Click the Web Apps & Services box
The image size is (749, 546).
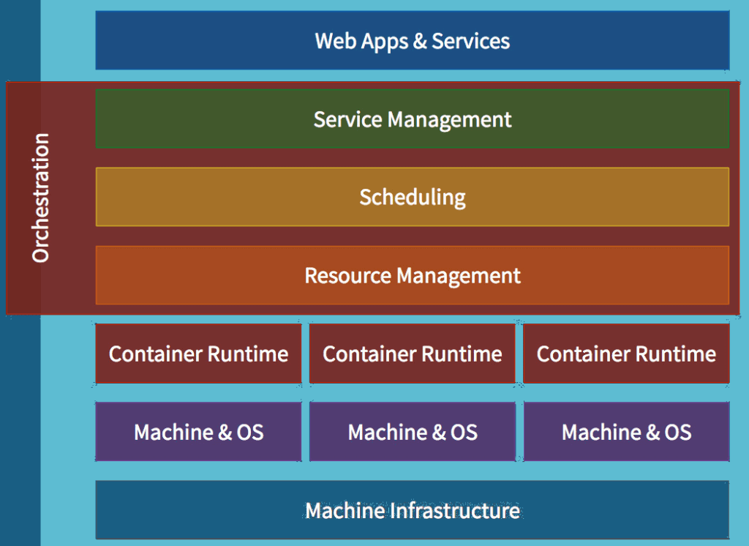[x=412, y=40]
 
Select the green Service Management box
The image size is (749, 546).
[x=412, y=119]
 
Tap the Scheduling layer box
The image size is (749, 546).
[x=412, y=197]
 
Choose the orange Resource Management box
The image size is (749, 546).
[x=412, y=275]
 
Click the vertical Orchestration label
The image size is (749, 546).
[x=41, y=198]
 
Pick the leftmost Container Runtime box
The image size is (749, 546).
[x=198, y=354]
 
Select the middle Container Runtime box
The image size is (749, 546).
[x=412, y=354]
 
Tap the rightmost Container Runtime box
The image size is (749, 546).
[x=626, y=354]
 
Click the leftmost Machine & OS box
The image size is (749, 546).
[x=198, y=432]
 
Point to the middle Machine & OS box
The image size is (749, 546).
[x=412, y=432]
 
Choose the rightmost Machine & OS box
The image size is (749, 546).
[x=626, y=432]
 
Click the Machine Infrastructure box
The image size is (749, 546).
[x=412, y=510]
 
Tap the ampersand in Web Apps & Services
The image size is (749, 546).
[x=420, y=41]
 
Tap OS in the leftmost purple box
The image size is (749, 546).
[x=249, y=433]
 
